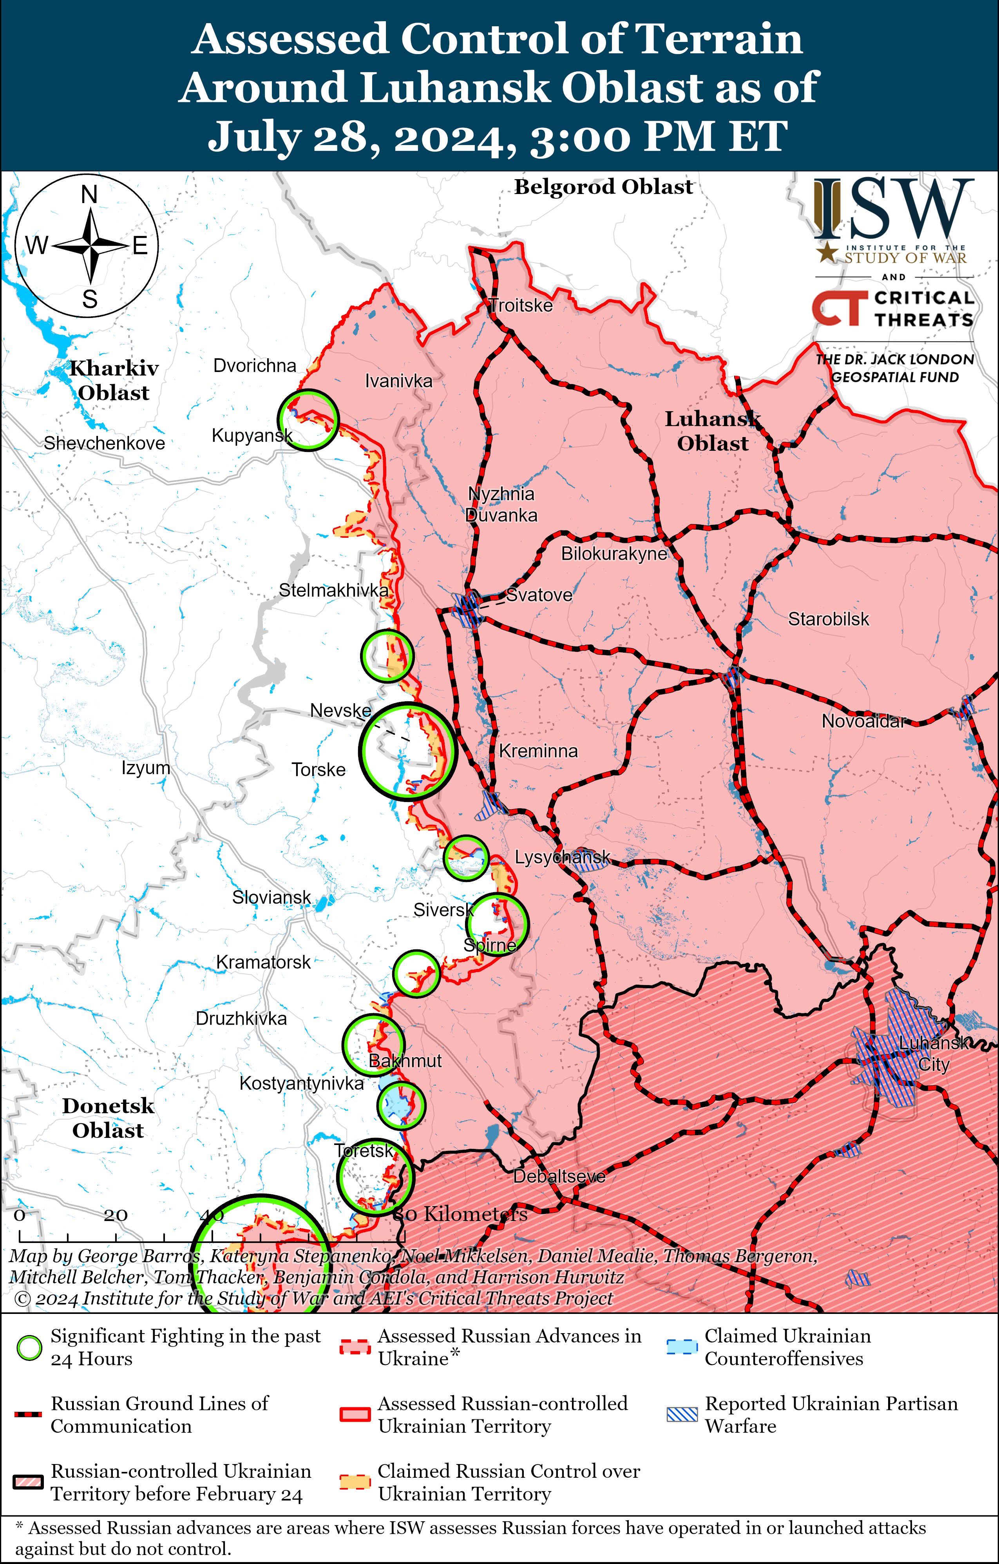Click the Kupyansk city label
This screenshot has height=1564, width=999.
tap(252, 435)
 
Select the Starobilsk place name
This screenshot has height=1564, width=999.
tap(828, 619)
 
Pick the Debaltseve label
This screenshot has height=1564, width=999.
tap(559, 1176)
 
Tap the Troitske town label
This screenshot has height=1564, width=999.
tap(521, 305)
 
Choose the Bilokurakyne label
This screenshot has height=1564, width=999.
tap(614, 553)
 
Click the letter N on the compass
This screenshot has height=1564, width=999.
tap(90, 194)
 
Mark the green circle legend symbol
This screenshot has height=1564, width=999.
tap(29, 1348)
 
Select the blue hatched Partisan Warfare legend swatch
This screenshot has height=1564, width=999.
tap(682, 1414)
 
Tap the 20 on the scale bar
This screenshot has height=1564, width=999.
tap(116, 1215)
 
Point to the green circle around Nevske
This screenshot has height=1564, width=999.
tap(408, 751)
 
